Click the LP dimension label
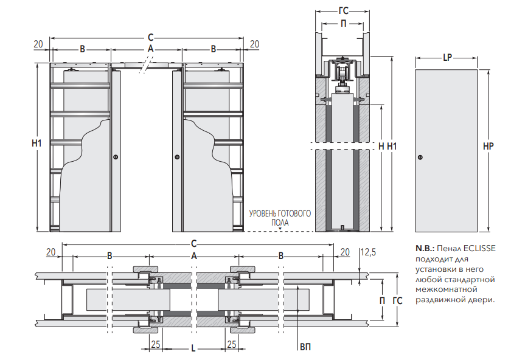[x=447, y=58]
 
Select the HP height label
[x=487, y=147]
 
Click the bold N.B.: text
[x=425, y=248]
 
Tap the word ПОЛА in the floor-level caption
[x=280, y=223]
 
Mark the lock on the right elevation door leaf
[x=177, y=157]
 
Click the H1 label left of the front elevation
[x=37, y=144]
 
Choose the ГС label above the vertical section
[x=343, y=10]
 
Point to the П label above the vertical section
[x=343, y=23]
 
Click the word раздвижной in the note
[x=440, y=300]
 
